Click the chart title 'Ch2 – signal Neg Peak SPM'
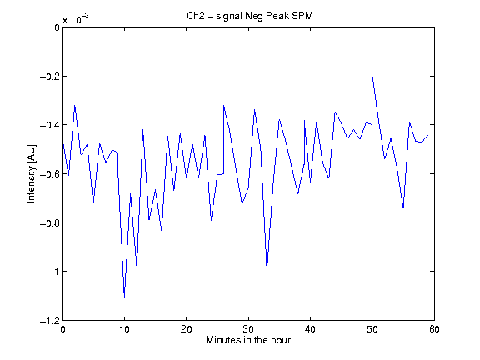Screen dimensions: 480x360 (x=250, y=16)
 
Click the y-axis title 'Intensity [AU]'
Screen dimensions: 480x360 (x=31, y=173)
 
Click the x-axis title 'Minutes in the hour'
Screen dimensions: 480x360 (x=248, y=340)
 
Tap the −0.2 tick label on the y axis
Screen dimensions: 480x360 (x=50, y=76)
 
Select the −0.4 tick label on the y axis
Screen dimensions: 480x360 (x=50, y=125)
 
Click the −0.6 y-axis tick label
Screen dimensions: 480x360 (x=50, y=174)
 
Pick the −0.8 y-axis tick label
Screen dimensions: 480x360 (x=50, y=222)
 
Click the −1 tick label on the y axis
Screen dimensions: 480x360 (x=53, y=272)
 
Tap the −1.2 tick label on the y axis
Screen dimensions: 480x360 (x=50, y=321)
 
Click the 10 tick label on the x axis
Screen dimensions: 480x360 (x=124, y=329)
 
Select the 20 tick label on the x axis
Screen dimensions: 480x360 (x=186, y=329)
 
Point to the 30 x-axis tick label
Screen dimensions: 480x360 (x=248, y=329)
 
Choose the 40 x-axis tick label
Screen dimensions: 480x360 (x=310, y=329)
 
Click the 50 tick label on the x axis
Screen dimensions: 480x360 (x=372, y=329)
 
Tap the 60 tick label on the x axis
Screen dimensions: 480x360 (x=434, y=329)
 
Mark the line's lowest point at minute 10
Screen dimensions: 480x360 (x=124, y=297)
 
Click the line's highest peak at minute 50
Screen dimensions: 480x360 (x=372, y=75)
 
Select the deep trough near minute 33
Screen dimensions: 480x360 (x=267, y=270)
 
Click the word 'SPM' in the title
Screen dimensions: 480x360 (x=302, y=16)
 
